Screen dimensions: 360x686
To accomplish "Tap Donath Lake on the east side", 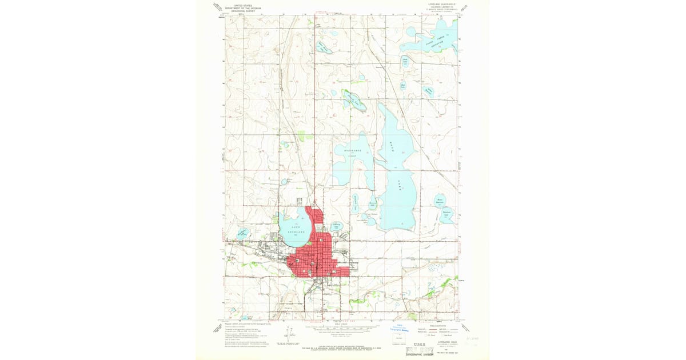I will click(x=448, y=216).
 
